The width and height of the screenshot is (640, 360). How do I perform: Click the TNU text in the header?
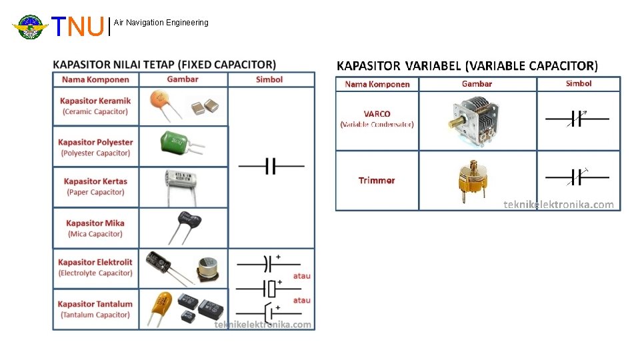[x=79, y=27]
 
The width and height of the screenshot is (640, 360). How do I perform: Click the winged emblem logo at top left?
[x=30, y=27]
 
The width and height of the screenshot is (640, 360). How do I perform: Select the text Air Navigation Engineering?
[x=161, y=23]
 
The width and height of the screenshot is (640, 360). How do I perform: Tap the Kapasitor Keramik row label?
[x=95, y=106]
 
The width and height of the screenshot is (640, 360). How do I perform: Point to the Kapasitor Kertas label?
[x=95, y=187]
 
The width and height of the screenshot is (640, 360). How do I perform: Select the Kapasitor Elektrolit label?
[x=95, y=267]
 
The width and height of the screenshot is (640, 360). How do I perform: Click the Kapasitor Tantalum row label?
[x=95, y=309]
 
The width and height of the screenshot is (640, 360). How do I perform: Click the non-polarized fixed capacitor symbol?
[x=271, y=166]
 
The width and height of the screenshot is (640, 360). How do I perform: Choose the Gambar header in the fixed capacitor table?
[x=183, y=79]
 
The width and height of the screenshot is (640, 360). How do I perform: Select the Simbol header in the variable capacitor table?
[x=578, y=83]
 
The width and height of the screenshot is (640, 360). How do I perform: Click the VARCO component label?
[x=377, y=119]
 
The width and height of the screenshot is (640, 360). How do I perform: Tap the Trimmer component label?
[x=377, y=181]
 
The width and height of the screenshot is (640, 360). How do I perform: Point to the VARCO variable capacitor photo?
[x=476, y=119]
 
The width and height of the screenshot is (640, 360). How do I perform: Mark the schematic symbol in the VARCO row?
[x=577, y=119]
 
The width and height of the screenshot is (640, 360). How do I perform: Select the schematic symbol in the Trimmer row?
[x=577, y=177]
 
